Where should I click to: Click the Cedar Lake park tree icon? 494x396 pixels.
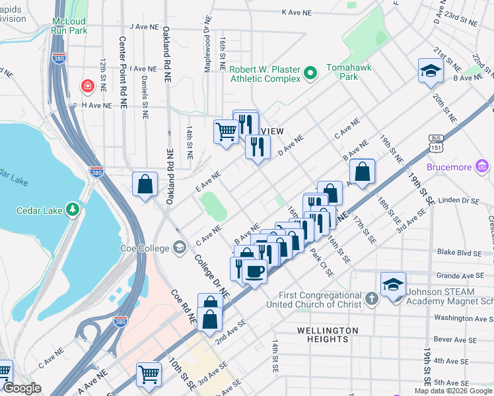coord(72,210)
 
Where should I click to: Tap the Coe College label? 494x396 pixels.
coord(141,248)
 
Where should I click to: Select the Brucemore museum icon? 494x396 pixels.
coord(482,167)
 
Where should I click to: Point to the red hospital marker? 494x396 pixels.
coord(87,86)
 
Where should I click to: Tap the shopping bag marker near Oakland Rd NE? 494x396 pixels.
coord(145,185)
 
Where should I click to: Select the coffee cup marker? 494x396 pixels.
coord(254,270)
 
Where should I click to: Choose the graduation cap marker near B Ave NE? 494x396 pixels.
coord(431,71)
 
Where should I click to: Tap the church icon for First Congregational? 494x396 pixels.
coord(372,299)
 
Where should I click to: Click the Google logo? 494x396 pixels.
coord(22,388)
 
